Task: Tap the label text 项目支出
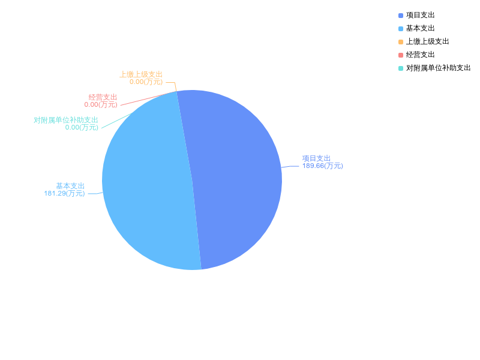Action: click(x=316, y=158)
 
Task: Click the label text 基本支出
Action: click(x=70, y=186)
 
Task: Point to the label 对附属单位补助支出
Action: click(x=66, y=120)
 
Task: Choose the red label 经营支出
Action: click(x=103, y=97)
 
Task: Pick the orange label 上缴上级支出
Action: click(x=141, y=74)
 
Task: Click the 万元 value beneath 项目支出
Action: click(x=322, y=166)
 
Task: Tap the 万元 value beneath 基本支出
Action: click(x=64, y=194)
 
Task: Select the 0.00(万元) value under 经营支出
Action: click(x=101, y=104)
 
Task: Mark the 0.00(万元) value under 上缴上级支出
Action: click(x=146, y=82)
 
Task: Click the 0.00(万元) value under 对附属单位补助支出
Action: click(x=82, y=127)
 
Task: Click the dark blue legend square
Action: click(x=401, y=16)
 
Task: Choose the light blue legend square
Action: click(x=401, y=29)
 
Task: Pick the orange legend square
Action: click(x=401, y=42)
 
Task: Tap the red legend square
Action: click(x=401, y=55)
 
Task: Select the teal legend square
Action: click(x=401, y=68)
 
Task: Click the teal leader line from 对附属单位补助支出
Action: click(x=117, y=120)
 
